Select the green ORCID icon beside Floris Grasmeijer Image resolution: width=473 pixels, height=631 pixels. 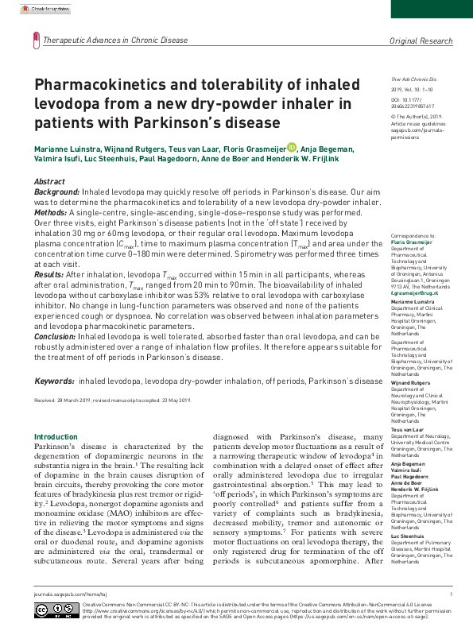(x=292, y=146)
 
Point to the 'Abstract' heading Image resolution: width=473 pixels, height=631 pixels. (x=50, y=181)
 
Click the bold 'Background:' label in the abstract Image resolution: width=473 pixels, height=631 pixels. (x=56, y=192)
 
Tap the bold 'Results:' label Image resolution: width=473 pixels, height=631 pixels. (x=49, y=274)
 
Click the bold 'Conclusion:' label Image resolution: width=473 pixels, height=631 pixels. (x=55, y=336)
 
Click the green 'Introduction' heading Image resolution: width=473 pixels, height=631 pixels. (x=56, y=437)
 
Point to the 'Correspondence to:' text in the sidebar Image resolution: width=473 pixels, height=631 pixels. (x=413, y=236)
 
